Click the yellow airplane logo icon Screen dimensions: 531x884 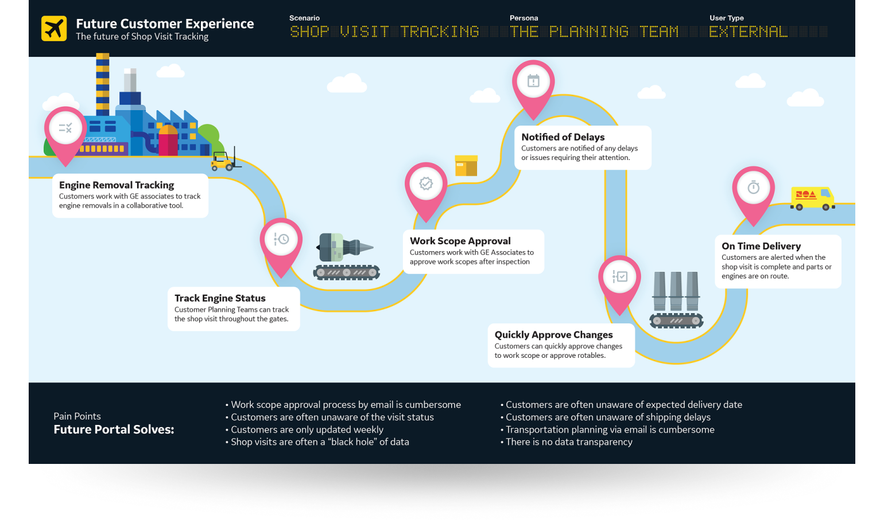pyautogui.click(x=54, y=29)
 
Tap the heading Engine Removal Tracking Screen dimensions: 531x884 pyautogui.click(x=117, y=185)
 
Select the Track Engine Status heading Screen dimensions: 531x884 pyautogui.click(x=220, y=298)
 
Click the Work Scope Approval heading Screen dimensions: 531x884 pyautogui.click(x=460, y=241)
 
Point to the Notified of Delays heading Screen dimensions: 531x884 pyautogui.click(x=563, y=137)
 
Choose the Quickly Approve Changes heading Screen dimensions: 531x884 pyautogui.click(x=553, y=335)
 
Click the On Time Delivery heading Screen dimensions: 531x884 pyautogui.click(x=761, y=246)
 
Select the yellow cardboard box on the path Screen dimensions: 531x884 pyautogui.click(x=466, y=166)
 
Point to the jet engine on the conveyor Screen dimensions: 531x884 pyautogui.click(x=343, y=248)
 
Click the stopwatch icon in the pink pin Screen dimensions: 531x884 pyautogui.click(x=753, y=187)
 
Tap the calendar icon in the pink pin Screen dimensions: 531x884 pyautogui.click(x=533, y=81)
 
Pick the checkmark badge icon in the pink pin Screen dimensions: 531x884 pyautogui.click(x=426, y=183)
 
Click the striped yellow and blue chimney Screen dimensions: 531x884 pyautogui.click(x=103, y=83)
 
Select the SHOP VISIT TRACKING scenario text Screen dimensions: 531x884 pyautogui.click(x=384, y=32)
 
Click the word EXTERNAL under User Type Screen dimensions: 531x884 pyautogui.click(x=748, y=32)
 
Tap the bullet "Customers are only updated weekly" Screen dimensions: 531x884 pyautogui.click(x=307, y=430)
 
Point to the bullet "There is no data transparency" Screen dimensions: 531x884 pyautogui.click(x=568, y=442)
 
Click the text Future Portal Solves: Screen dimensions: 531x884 pyautogui.click(x=114, y=430)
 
